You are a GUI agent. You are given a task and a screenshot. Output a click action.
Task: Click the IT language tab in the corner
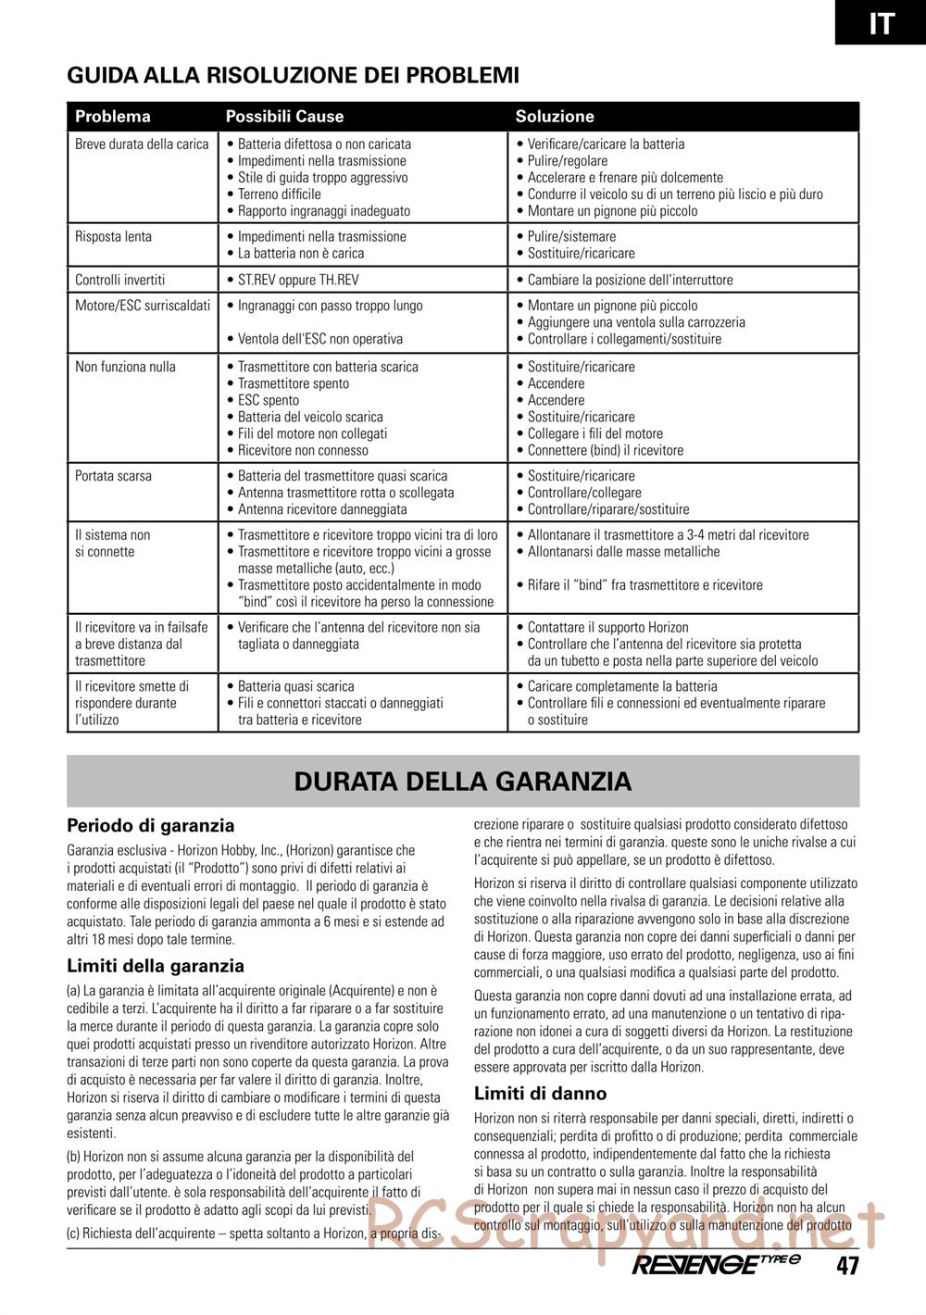881,22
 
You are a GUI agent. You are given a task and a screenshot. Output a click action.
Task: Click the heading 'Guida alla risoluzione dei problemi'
293,75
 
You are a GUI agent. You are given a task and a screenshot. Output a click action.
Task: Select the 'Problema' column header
112,117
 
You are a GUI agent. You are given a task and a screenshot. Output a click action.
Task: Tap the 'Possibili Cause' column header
284,117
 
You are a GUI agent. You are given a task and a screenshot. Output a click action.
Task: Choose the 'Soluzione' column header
555,117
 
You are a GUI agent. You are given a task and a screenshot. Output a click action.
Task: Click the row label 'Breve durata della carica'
142,144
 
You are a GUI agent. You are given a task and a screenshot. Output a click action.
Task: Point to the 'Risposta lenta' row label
113,237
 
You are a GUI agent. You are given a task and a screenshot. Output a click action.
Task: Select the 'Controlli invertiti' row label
119,280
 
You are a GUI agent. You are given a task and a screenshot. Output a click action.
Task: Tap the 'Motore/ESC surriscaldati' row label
143,306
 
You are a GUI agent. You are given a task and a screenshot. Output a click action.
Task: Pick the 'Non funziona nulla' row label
125,367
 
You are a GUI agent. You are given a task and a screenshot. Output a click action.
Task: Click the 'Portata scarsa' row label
113,476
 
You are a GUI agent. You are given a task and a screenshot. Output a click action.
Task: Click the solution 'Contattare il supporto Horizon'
607,628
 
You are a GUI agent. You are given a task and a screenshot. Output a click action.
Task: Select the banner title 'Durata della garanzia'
463,782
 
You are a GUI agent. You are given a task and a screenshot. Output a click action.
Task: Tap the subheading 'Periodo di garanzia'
151,826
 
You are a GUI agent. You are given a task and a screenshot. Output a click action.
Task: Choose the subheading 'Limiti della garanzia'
156,967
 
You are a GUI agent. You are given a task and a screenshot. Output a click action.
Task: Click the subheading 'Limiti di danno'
540,1094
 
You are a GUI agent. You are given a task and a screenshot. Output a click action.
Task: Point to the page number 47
847,1266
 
